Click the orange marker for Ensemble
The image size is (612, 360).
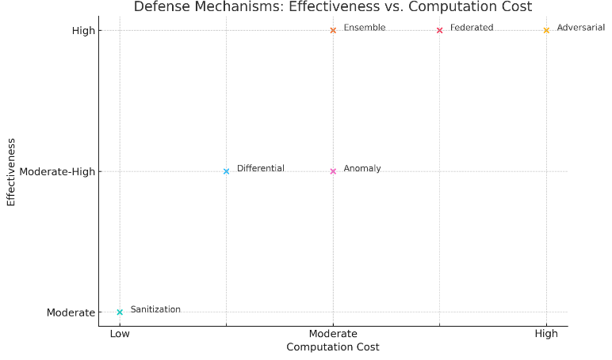[x=333, y=30]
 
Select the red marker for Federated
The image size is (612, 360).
[x=439, y=30]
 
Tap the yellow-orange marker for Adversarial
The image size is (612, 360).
[x=546, y=30]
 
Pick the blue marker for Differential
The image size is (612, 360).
[x=226, y=171]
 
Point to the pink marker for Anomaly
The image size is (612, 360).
[x=333, y=171]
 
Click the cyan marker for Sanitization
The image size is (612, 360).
[x=120, y=312]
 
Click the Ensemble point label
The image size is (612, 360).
[x=365, y=28]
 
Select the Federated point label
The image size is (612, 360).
[x=472, y=28]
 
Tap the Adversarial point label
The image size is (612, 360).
[x=581, y=28]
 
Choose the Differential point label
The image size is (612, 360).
[x=260, y=169]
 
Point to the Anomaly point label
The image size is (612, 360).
[x=362, y=169]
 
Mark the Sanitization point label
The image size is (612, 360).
[x=155, y=309]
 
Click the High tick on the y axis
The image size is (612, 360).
[x=83, y=31]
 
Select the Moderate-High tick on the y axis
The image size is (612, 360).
[x=56, y=171]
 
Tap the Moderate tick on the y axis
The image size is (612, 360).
[x=71, y=312]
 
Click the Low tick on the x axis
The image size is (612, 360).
[x=120, y=334]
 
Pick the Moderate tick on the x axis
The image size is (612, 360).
[x=333, y=334]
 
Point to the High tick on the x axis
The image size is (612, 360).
[x=546, y=334]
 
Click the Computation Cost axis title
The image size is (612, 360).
[x=333, y=347]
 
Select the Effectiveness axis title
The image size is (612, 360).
[x=11, y=171]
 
